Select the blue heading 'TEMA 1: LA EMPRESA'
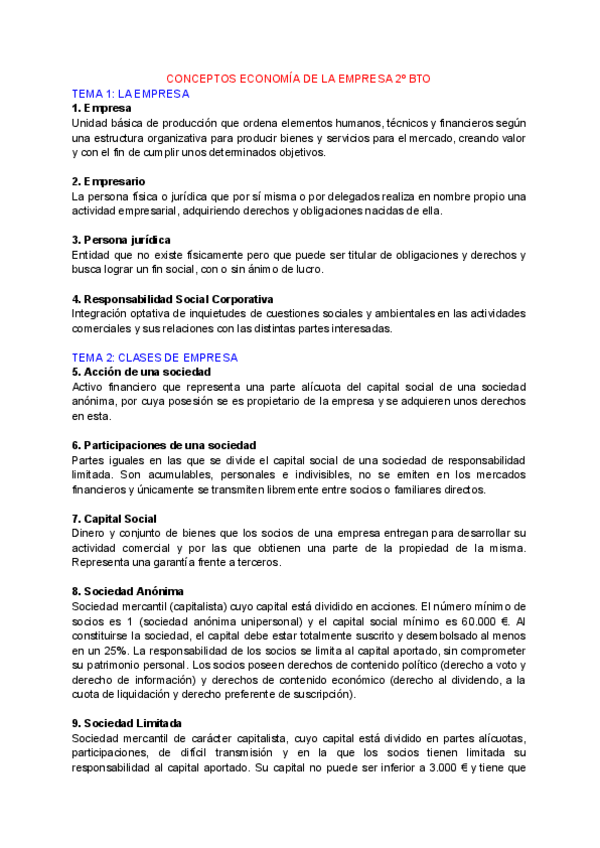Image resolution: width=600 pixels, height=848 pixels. point(130,93)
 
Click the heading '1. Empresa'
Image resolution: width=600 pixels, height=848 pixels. point(101,108)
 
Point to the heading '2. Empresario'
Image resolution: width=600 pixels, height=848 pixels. point(109,181)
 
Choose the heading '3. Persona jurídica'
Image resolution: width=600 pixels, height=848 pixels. point(121,240)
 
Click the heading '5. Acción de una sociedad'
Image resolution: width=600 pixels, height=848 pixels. point(141,372)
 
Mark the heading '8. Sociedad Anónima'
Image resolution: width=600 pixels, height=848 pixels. point(127,591)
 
